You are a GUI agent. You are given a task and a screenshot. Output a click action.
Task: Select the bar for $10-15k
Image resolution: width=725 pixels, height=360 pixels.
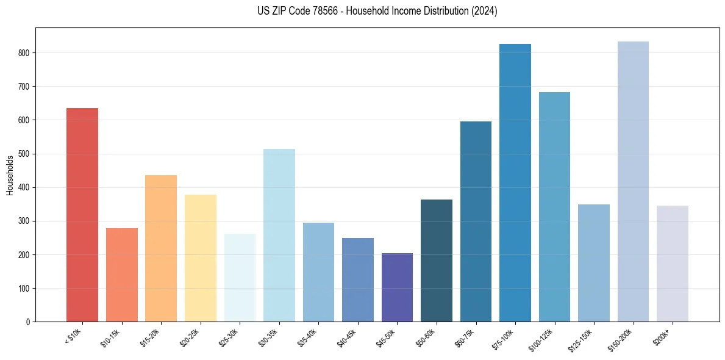(122, 275)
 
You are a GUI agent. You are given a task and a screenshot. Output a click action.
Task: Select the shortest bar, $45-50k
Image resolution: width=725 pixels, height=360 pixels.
(397, 287)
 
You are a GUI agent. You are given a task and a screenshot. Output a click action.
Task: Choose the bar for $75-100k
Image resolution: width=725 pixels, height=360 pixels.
(515, 183)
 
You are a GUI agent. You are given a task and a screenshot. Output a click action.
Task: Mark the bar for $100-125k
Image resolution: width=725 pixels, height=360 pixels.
(554, 207)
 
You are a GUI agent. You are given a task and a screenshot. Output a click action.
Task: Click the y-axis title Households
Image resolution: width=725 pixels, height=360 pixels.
(10, 175)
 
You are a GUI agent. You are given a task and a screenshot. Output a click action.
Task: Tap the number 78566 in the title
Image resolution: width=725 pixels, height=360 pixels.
(317, 11)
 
